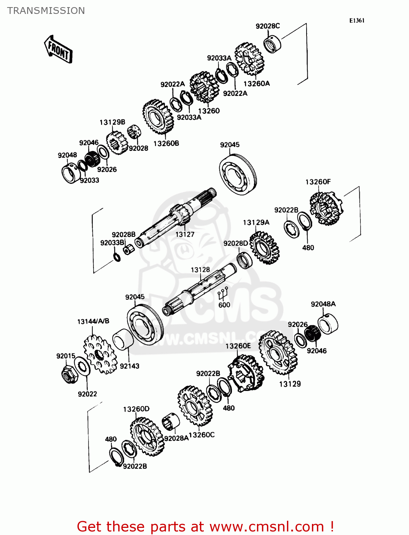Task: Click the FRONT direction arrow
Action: [x=58, y=50]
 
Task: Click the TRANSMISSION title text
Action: [x=46, y=11]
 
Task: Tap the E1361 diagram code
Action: [x=357, y=20]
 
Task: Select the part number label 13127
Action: [x=185, y=234]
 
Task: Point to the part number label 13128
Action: [x=200, y=270]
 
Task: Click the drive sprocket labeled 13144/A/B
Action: [x=100, y=355]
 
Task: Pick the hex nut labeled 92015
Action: [x=68, y=374]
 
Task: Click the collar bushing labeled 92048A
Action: [x=328, y=324]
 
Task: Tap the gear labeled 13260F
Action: [x=326, y=209]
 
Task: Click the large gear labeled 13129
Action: [x=278, y=353]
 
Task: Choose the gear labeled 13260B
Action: [x=158, y=117]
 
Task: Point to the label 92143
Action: [x=130, y=366]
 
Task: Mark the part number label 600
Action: [x=224, y=305]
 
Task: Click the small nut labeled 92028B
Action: [x=128, y=249]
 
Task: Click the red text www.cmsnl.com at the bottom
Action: [x=266, y=526]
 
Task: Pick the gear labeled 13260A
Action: [x=249, y=59]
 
